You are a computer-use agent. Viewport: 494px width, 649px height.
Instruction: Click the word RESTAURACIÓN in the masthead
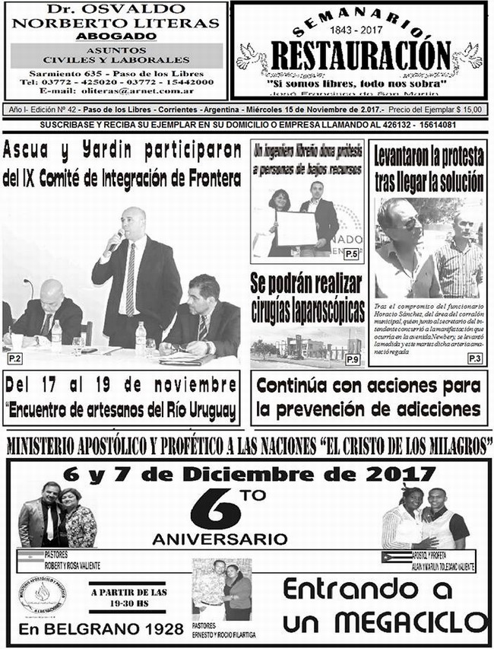coord(360,56)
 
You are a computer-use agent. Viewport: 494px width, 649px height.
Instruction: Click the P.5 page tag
coord(351,253)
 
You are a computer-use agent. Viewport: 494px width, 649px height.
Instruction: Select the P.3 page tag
coord(474,358)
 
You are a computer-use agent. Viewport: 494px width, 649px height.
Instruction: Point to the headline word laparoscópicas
coord(307,311)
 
